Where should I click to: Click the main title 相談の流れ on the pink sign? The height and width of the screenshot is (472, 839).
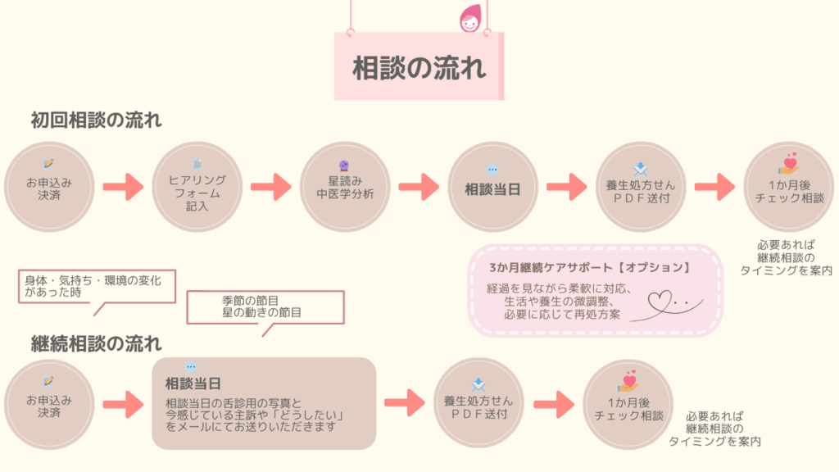[x=419, y=68]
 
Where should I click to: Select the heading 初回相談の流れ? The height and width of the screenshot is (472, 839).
[x=97, y=120]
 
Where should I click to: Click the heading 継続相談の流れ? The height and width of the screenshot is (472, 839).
[x=97, y=343]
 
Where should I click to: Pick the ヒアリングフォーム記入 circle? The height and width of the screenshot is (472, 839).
[x=197, y=187]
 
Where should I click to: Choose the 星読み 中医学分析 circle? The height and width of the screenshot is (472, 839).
[x=345, y=187]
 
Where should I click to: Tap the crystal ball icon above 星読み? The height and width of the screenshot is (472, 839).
[x=344, y=166]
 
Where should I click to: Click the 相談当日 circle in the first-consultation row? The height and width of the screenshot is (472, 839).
[x=492, y=187]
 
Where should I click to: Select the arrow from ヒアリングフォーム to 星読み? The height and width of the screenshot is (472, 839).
[x=271, y=187]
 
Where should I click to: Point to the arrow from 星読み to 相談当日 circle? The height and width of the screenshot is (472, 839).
[x=419, y=187]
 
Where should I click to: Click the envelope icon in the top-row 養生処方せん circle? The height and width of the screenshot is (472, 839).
[x=641, y=169]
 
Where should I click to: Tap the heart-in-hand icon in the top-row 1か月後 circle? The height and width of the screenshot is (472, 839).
[x=789, y=163]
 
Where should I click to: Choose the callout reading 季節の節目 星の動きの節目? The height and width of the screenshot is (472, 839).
[x=265, y=308]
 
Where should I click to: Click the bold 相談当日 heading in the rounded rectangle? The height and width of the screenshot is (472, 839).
[x=193, y=383]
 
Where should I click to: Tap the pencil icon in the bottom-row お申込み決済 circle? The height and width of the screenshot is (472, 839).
[x=48, y=381]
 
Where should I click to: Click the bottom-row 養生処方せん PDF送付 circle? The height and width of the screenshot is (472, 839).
[x=478, y=403]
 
